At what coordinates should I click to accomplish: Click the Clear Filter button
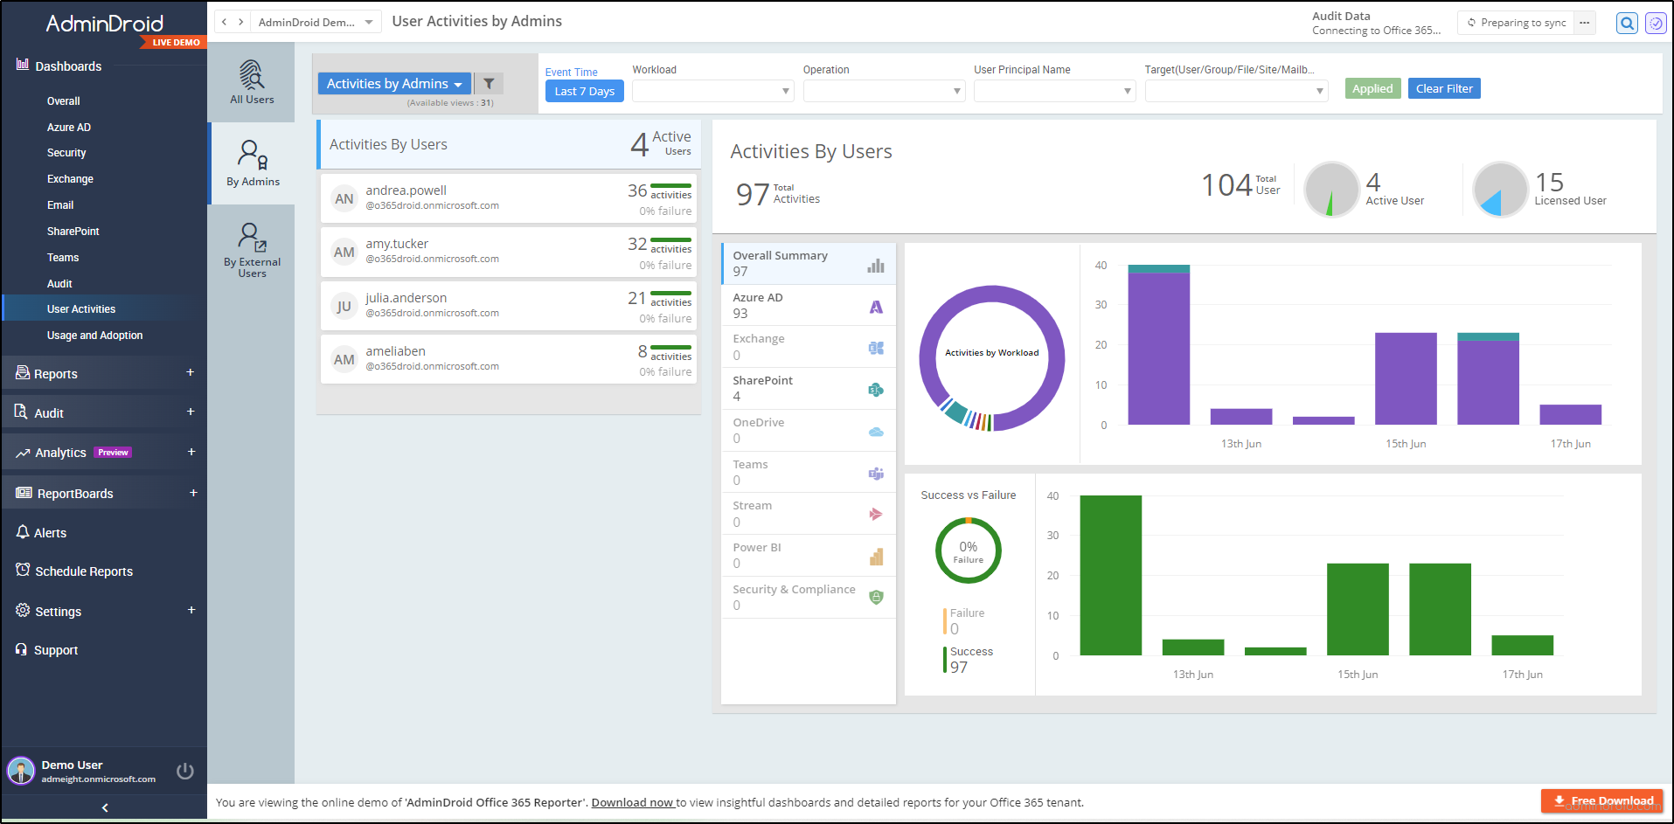pos(1443,88)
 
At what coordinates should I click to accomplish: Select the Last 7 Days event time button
pos(584,91)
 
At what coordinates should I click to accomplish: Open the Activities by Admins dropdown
pos(393,84)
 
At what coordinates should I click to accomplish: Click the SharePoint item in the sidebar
pos(73,232)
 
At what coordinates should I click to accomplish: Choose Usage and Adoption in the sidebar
pos(94,336)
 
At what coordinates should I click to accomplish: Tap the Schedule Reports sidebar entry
pos(84,571)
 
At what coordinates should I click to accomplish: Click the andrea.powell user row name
pos(406,190)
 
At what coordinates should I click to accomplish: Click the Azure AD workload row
pos(807,306)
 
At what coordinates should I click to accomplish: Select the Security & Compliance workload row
pos(807,598)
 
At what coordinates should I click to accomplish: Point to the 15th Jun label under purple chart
pos(1405,444)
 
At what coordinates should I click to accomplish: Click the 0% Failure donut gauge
pos(968,551)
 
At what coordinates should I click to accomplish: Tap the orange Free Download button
pos(1601,800)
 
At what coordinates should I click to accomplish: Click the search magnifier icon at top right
pos(1626,24)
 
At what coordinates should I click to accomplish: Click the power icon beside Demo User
pos(184,771)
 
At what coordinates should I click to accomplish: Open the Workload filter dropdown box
pos(712,91)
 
